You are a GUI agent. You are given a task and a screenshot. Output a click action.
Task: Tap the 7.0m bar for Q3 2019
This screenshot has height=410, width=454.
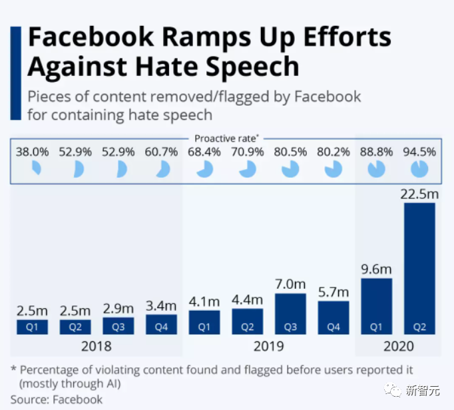pos(290,313)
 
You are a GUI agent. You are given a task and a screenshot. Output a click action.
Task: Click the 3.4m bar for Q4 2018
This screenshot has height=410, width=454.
pos(161,325)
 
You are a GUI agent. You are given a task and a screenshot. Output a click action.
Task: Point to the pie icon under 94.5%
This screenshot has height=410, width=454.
pos(419,170)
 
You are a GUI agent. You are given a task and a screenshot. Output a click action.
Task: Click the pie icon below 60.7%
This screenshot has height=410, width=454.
pos(162,170)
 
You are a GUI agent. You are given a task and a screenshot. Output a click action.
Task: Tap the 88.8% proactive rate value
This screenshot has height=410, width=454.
pos(376,152)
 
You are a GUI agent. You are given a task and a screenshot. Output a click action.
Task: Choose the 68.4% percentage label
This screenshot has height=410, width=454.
pos(204,152)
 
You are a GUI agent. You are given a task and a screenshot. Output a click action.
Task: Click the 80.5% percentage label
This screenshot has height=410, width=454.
pos(290,152)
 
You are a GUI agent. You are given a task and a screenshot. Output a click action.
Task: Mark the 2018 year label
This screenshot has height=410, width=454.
pos(97,346)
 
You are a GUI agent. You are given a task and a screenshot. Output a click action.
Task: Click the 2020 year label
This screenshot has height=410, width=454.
pos(398,346)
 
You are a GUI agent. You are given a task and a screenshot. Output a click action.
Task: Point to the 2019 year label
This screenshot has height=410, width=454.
pos(268,346)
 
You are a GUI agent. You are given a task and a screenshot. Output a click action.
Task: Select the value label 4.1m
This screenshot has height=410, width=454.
pos(204,302)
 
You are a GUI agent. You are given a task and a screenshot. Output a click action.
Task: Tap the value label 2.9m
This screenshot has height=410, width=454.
pos(118,308)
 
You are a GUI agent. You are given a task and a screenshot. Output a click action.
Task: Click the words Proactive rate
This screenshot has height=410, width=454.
pos(225,138)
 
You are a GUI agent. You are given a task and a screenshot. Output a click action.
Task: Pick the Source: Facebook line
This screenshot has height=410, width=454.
pos(57,399)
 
